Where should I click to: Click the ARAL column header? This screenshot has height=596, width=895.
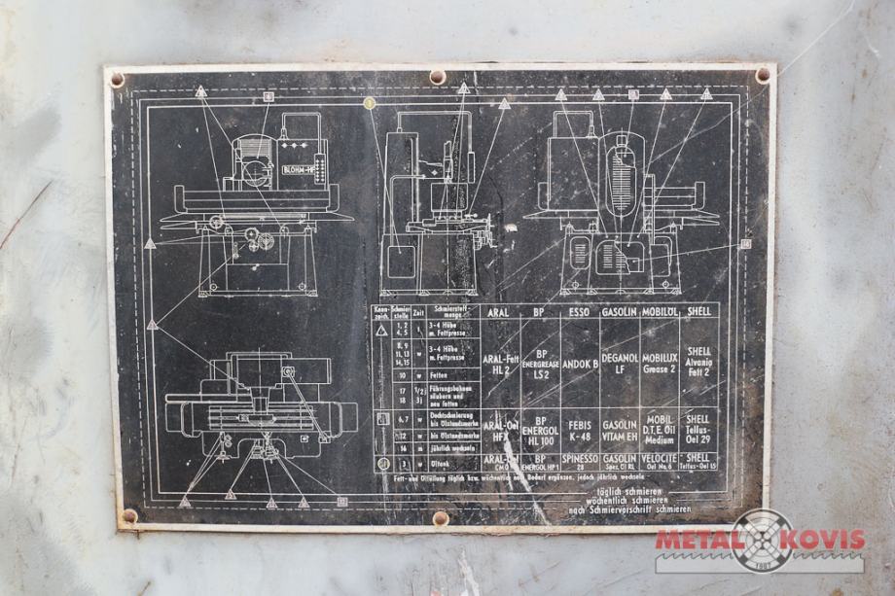[498, 313]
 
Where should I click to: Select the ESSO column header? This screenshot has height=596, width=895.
[580, 313]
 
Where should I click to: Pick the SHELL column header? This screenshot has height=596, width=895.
[698, 313]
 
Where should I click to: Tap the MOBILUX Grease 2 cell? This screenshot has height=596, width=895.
[661, 364]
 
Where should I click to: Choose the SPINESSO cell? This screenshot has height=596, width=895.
[580, 460]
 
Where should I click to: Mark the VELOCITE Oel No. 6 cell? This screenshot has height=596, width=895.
[661, 460]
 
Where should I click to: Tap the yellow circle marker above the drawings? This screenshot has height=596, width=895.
[369, 102]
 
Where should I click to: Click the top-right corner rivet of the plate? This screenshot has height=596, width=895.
[762, 75]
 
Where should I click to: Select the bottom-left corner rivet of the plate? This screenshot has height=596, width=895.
[128, 515]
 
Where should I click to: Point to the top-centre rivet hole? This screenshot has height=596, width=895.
[438, 76]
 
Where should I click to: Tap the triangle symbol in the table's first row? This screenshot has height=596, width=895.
[381, 333]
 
